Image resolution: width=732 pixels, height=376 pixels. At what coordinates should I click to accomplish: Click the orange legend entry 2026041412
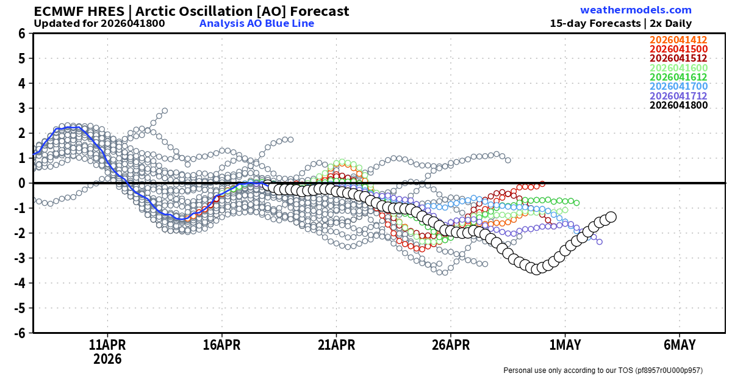(x=678, y=40)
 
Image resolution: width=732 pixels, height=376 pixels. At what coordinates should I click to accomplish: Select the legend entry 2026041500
(x=678, y=49)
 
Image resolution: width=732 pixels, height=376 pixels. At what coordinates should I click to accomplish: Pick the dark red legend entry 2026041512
(x=678, y=59)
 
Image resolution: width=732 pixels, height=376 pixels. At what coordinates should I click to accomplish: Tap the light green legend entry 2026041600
(x=678, y=68)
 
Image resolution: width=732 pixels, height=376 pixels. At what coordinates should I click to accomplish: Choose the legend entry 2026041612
(x=678, y=78)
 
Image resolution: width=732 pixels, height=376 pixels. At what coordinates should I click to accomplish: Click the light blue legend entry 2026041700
(x=678, y=87)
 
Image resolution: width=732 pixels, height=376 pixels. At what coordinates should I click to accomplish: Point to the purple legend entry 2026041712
(x=678, y=96)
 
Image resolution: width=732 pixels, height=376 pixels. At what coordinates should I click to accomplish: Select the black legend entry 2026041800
(x=678, y=105)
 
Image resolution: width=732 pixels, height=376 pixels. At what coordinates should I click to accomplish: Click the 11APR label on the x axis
(x=107, y=345)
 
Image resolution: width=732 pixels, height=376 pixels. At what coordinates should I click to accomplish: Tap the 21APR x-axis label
(x=335, y=345)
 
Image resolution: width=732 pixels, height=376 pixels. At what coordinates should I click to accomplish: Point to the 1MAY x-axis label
(x=565, y=345)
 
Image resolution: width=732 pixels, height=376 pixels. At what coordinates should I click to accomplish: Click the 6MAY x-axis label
(x=679, y=345)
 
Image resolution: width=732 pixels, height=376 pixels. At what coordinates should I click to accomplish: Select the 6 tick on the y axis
(x=21, y=34)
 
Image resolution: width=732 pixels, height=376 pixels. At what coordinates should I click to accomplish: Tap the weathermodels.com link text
(x=636, y=10)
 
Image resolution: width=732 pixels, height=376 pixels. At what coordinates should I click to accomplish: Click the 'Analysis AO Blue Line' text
(x=257, y=24)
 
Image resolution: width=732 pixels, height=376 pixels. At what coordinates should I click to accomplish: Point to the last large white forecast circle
(x=611, y=217)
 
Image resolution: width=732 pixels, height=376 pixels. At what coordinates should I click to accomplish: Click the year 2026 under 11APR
(x=107, y=359)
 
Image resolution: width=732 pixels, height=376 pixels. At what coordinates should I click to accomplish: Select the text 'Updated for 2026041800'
(x=99, y=24)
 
